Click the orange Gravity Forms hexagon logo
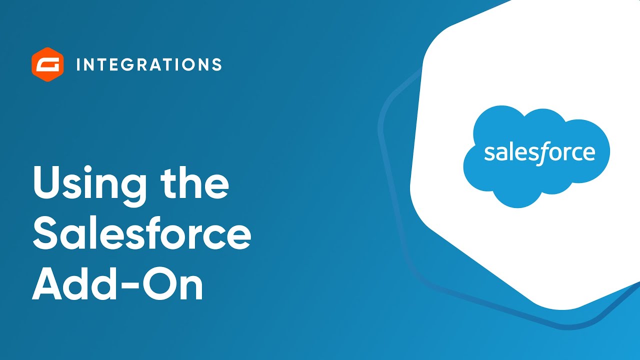pyautogui.click(x=48, y=64)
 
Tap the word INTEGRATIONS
pyautogui.click(x=149, y=64)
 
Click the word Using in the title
pyautogui.click(x=89, y=184)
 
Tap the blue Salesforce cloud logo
pyautogui.click(x=536, y=155)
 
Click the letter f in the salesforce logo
pyautogui.click(x=541, y=153)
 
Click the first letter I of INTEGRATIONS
pyautogui.click(x=79, y=64)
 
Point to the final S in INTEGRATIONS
pyautogui.click(x=216, y=64)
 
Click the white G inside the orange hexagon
pyautogui.click(x=48, y=64)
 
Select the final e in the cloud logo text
pyautogui.click(x=589, y=153)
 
